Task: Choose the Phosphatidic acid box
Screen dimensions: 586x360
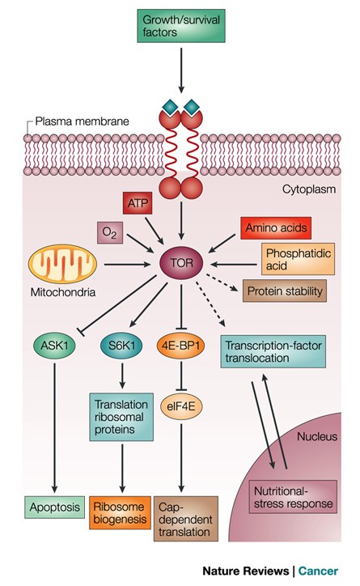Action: pos(293,262)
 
